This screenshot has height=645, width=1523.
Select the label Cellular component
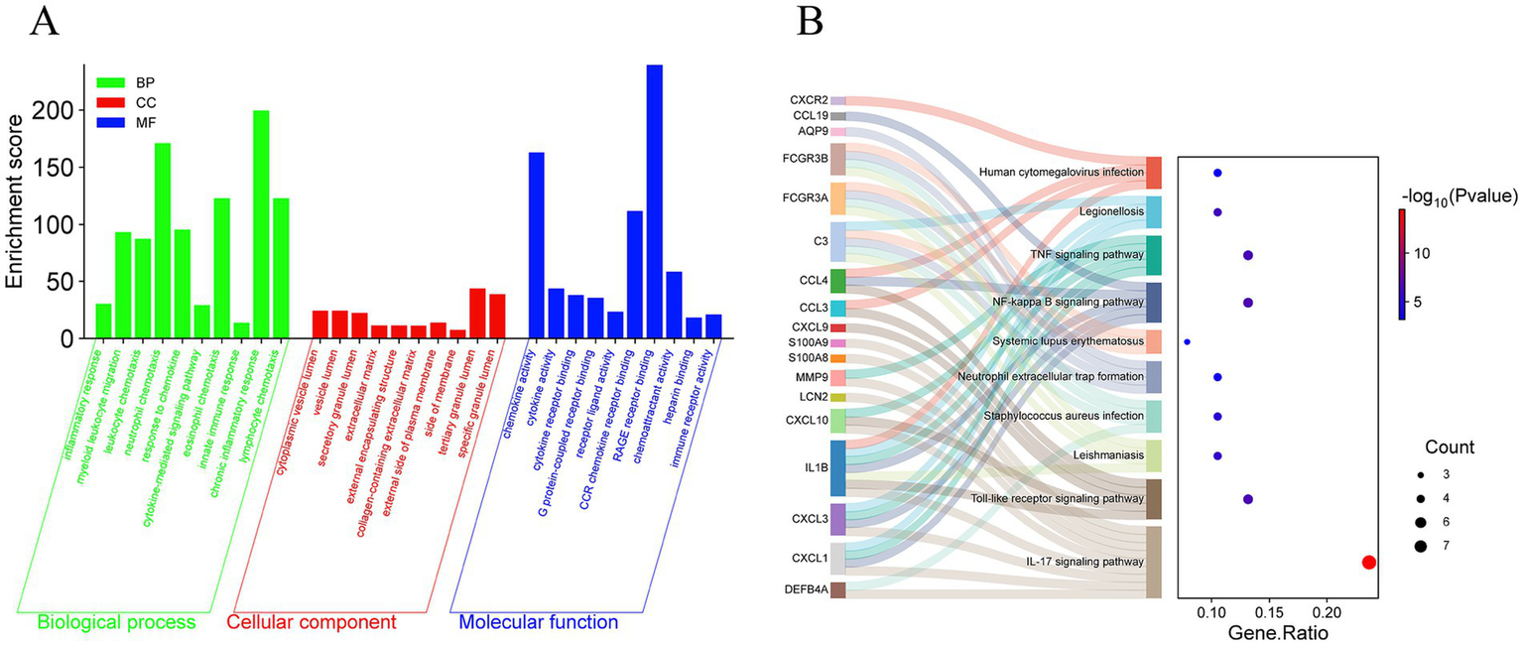pyautogui.click(x=312, y=623)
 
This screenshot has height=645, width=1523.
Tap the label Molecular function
pyautogui.click(x=538, y=623)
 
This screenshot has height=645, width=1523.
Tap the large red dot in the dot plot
pyautogui.click(x=1369, y=563)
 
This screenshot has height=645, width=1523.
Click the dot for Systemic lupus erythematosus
pyautogui.click(x=1187, y=341)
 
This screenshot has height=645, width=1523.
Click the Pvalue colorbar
pyautogui.click(x=1403, y=263)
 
